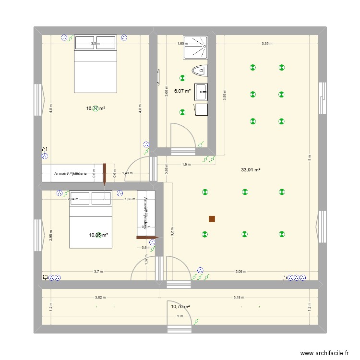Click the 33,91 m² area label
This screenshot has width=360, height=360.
pos(251,169)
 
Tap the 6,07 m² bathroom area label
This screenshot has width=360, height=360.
pos(182,91)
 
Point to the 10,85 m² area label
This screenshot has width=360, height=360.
pos(98,235)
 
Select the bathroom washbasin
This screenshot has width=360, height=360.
pos(201,91)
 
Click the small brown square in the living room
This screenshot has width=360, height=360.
pos(212,219)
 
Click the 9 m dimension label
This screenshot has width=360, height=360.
pos(180,316)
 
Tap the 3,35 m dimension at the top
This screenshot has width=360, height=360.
pos(266,44)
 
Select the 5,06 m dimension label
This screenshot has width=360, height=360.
pos(240,272)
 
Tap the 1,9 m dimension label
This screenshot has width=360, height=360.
pos(186,164)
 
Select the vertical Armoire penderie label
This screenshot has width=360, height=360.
pos(144,212)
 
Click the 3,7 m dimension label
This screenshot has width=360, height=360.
pos(98,272)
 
